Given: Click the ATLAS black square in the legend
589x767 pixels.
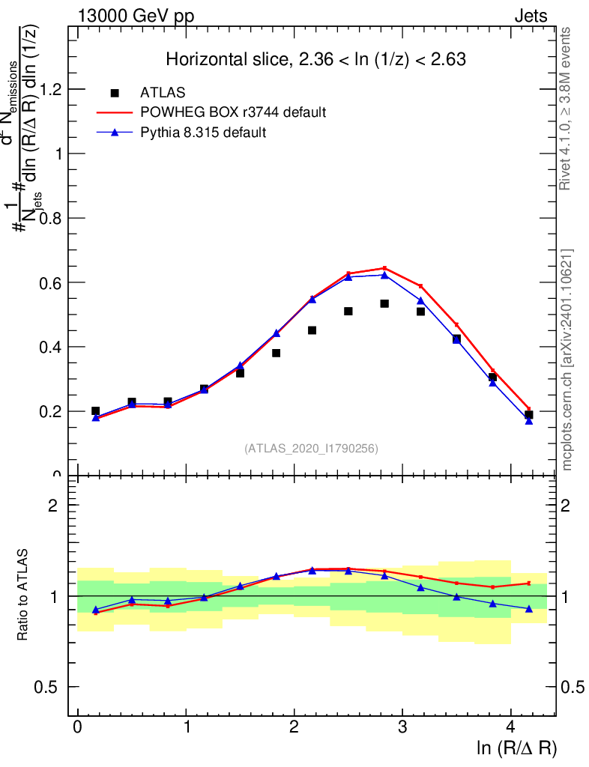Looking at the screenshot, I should click(x=115, y=93).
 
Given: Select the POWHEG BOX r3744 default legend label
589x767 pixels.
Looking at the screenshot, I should click(x=233, y=112).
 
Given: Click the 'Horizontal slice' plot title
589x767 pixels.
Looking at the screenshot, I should click(x=316, y=60).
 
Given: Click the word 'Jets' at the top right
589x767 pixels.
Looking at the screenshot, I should click(x=531, y=16).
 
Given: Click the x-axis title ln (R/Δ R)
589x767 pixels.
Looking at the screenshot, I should click(x=517, y=748).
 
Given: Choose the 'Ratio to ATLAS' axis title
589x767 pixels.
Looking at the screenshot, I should click(x=25, y=595).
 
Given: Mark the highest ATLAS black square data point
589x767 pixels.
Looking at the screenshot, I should click(x=384, y=303).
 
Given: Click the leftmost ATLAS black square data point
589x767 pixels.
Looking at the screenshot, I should click(x=95, y=410).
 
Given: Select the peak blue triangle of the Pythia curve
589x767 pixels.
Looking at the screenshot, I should click(x=384, y=275).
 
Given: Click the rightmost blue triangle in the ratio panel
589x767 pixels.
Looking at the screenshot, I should click(x=529, y=609).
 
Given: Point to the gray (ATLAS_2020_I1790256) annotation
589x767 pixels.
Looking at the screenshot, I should click(x=311, y=449).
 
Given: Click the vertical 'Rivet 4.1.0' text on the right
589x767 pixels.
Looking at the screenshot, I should click(x=567, y=109).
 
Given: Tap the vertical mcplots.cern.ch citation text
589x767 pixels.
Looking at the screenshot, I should click(x=568, y=360).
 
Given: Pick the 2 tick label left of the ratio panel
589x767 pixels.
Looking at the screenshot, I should click(x=52, y=505).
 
